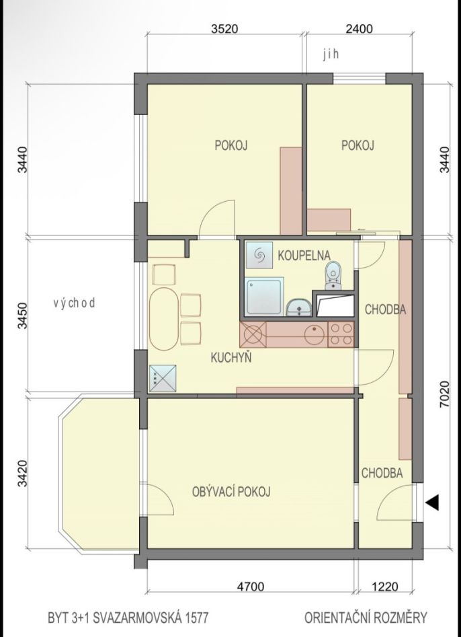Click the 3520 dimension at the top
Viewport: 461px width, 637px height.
click(x=224, y=29)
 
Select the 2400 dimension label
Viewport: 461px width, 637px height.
click(x=359, y=29)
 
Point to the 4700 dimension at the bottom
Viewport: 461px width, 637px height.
click(x=251, y=587)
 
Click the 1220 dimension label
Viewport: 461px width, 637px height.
click(x=384, y=587)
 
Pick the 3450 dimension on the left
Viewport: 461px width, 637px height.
click(x=23, y=315)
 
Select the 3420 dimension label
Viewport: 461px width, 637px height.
click(x=23, y=474)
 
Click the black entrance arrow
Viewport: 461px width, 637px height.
click(x=432, y=502)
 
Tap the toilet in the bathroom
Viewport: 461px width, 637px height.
click(x=333, y=275)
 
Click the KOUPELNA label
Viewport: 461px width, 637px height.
click(x=304, y=255)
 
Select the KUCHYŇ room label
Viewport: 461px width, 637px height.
click(x=231, y=358)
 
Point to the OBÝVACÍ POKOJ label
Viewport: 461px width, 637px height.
click(x=231, y=492)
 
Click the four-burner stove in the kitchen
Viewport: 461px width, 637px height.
click(x=341, y=334)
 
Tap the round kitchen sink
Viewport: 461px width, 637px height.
click(x=315, y=334)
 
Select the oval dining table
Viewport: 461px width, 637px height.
click(x=164, y=319)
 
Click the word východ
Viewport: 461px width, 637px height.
click(x=74, y=303)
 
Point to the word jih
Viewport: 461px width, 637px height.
click(x=331, y=55)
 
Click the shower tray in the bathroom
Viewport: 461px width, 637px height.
click(x=264, y=297)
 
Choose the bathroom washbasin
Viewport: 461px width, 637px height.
click(x=299, y=308)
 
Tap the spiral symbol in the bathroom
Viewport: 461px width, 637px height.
click(x=259, y=255)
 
